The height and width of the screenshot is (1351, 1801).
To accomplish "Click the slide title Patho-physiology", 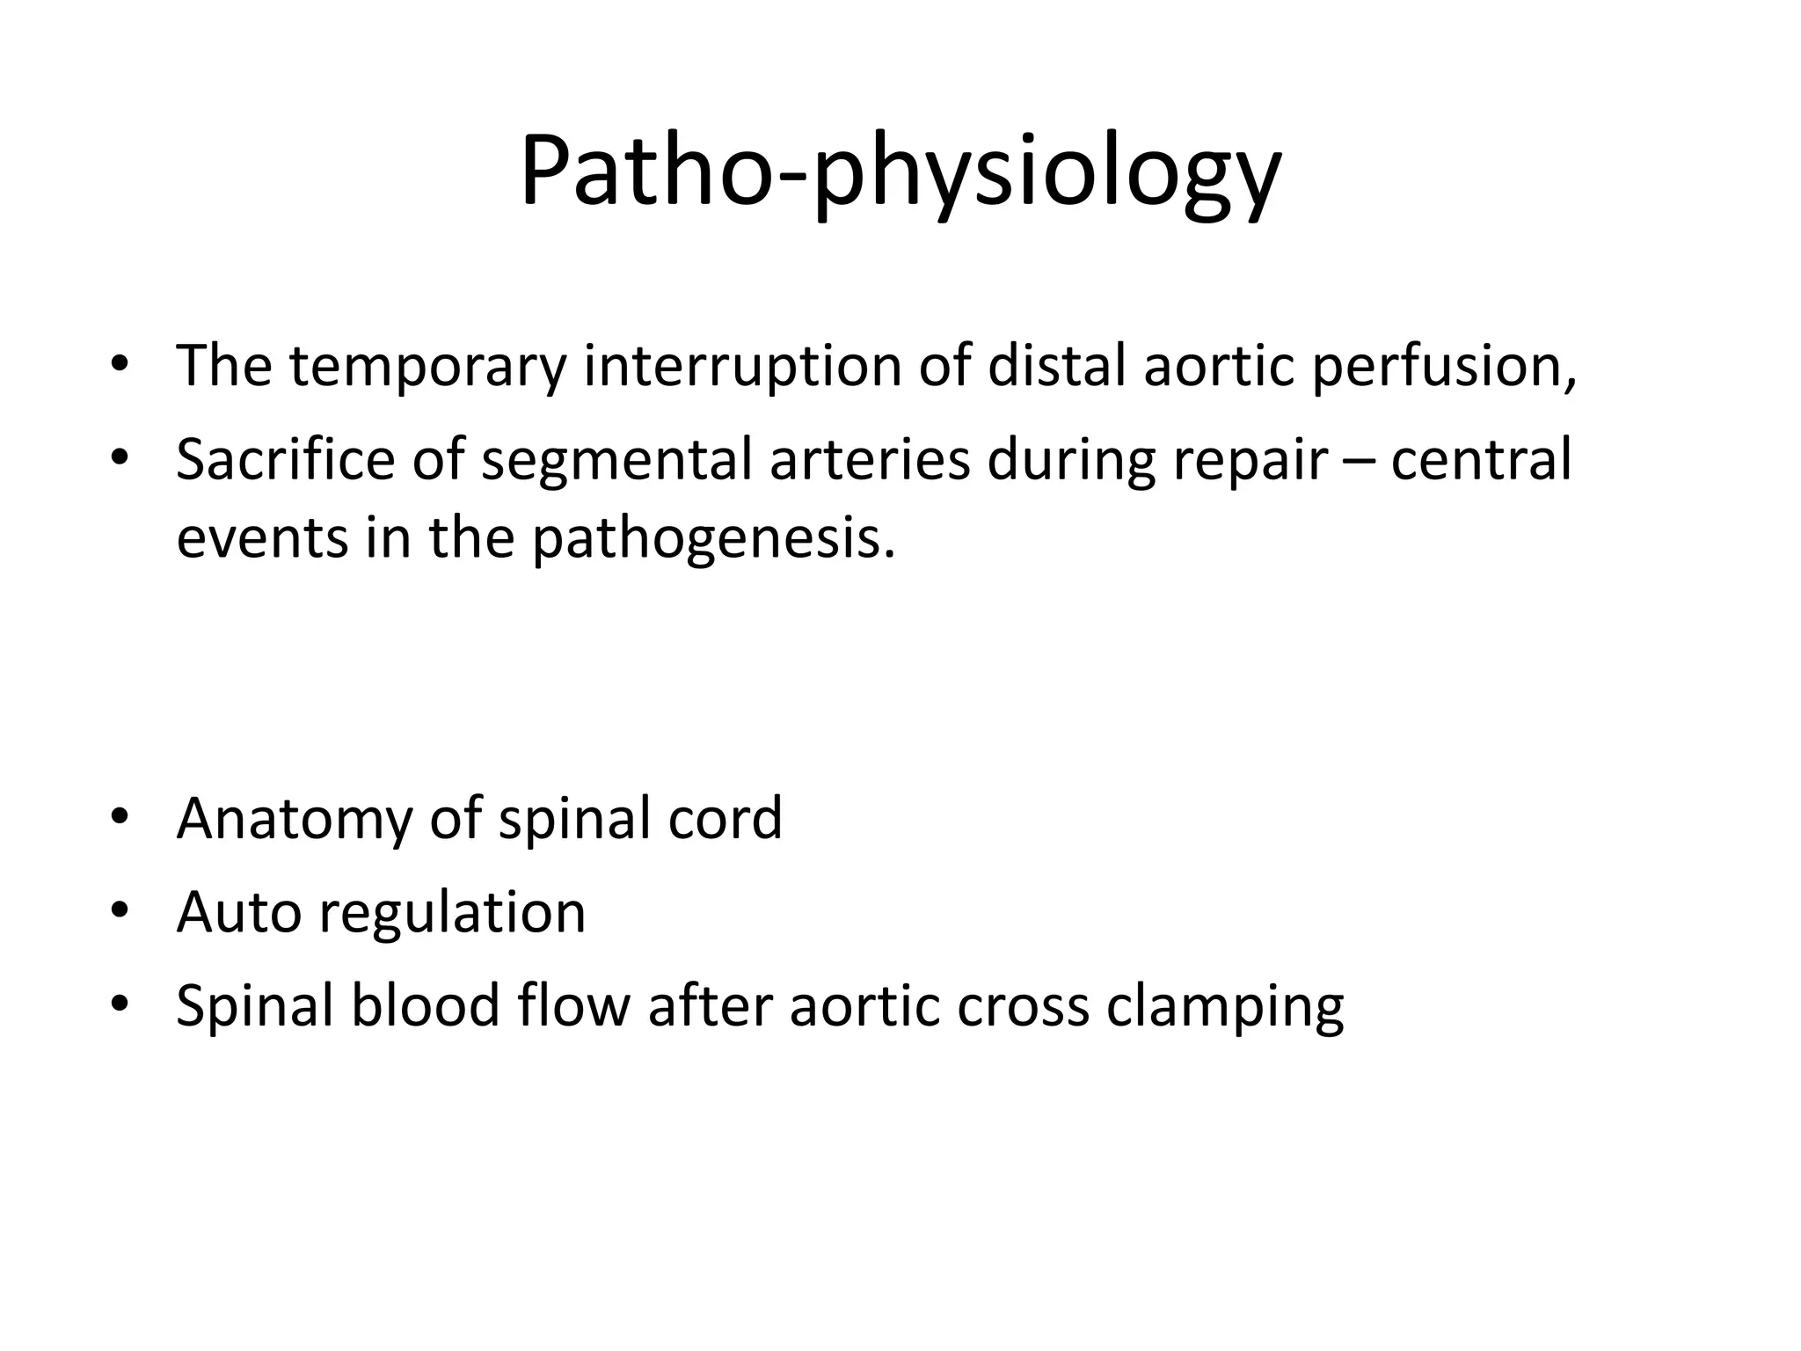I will (900, 172).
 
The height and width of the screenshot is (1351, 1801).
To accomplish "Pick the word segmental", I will (616, 460).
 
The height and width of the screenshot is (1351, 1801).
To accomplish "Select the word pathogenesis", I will (712, 538).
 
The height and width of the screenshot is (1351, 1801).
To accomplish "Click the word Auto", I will (238, 912).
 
